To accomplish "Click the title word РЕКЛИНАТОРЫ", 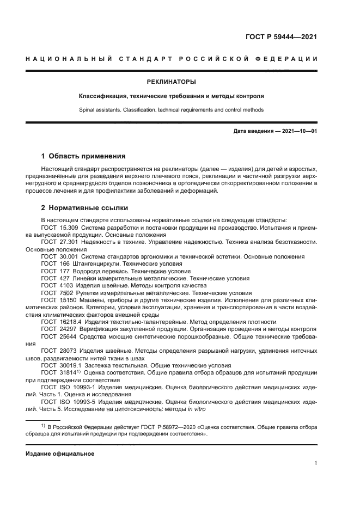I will [171, 82].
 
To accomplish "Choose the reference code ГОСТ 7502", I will [56, 292].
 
